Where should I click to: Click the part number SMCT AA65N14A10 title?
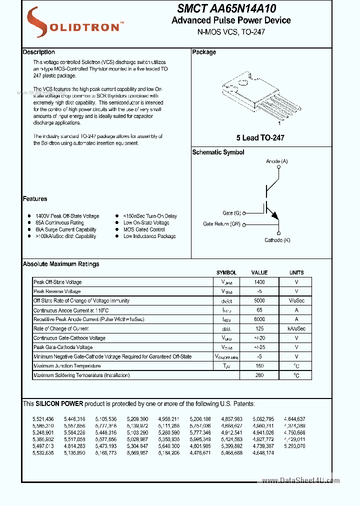(226, 8)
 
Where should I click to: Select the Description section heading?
(39, 52)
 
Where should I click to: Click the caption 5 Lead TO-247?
(260, 137)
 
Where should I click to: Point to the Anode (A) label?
(276, 161)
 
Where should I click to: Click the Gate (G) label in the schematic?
(231, 212)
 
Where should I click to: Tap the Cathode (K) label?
(277, 240)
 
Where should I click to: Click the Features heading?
(35, 199)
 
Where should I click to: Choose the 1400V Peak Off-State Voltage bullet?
(67, 216)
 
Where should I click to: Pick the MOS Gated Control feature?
(144, 229)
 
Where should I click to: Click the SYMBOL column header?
(226, 273)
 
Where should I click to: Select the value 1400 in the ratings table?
(259, 282)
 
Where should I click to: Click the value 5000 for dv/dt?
(259, 301)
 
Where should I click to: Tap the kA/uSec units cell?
(296, 328)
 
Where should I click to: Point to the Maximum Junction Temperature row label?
(66, 366)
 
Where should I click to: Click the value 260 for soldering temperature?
(259, 375)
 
